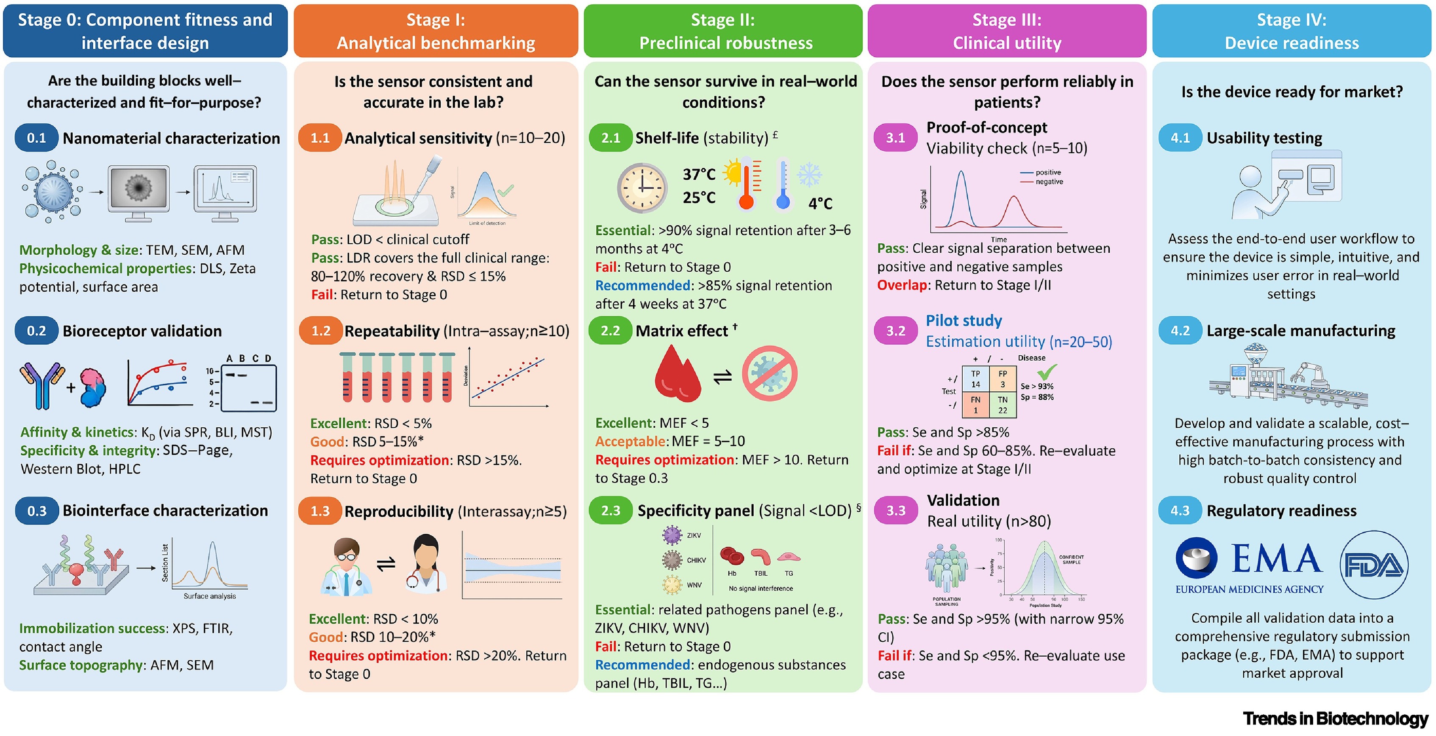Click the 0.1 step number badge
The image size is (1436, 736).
tap(36, 138)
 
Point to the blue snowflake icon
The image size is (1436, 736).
tap(809, 175)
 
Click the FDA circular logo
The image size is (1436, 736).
tap(1374, 565)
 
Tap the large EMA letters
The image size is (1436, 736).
tap(1277, 559)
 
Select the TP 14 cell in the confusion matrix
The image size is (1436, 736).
tap(975, 379)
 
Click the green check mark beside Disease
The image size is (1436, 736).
tap(1047, 371)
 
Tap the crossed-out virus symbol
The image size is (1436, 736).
tap(769, 373)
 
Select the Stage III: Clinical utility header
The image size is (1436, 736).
tap(1007, 31)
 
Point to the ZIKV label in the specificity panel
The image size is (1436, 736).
tap(694, 535)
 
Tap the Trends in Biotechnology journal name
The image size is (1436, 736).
tap(1335, 718)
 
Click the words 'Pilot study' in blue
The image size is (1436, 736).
tap(964, 321)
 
